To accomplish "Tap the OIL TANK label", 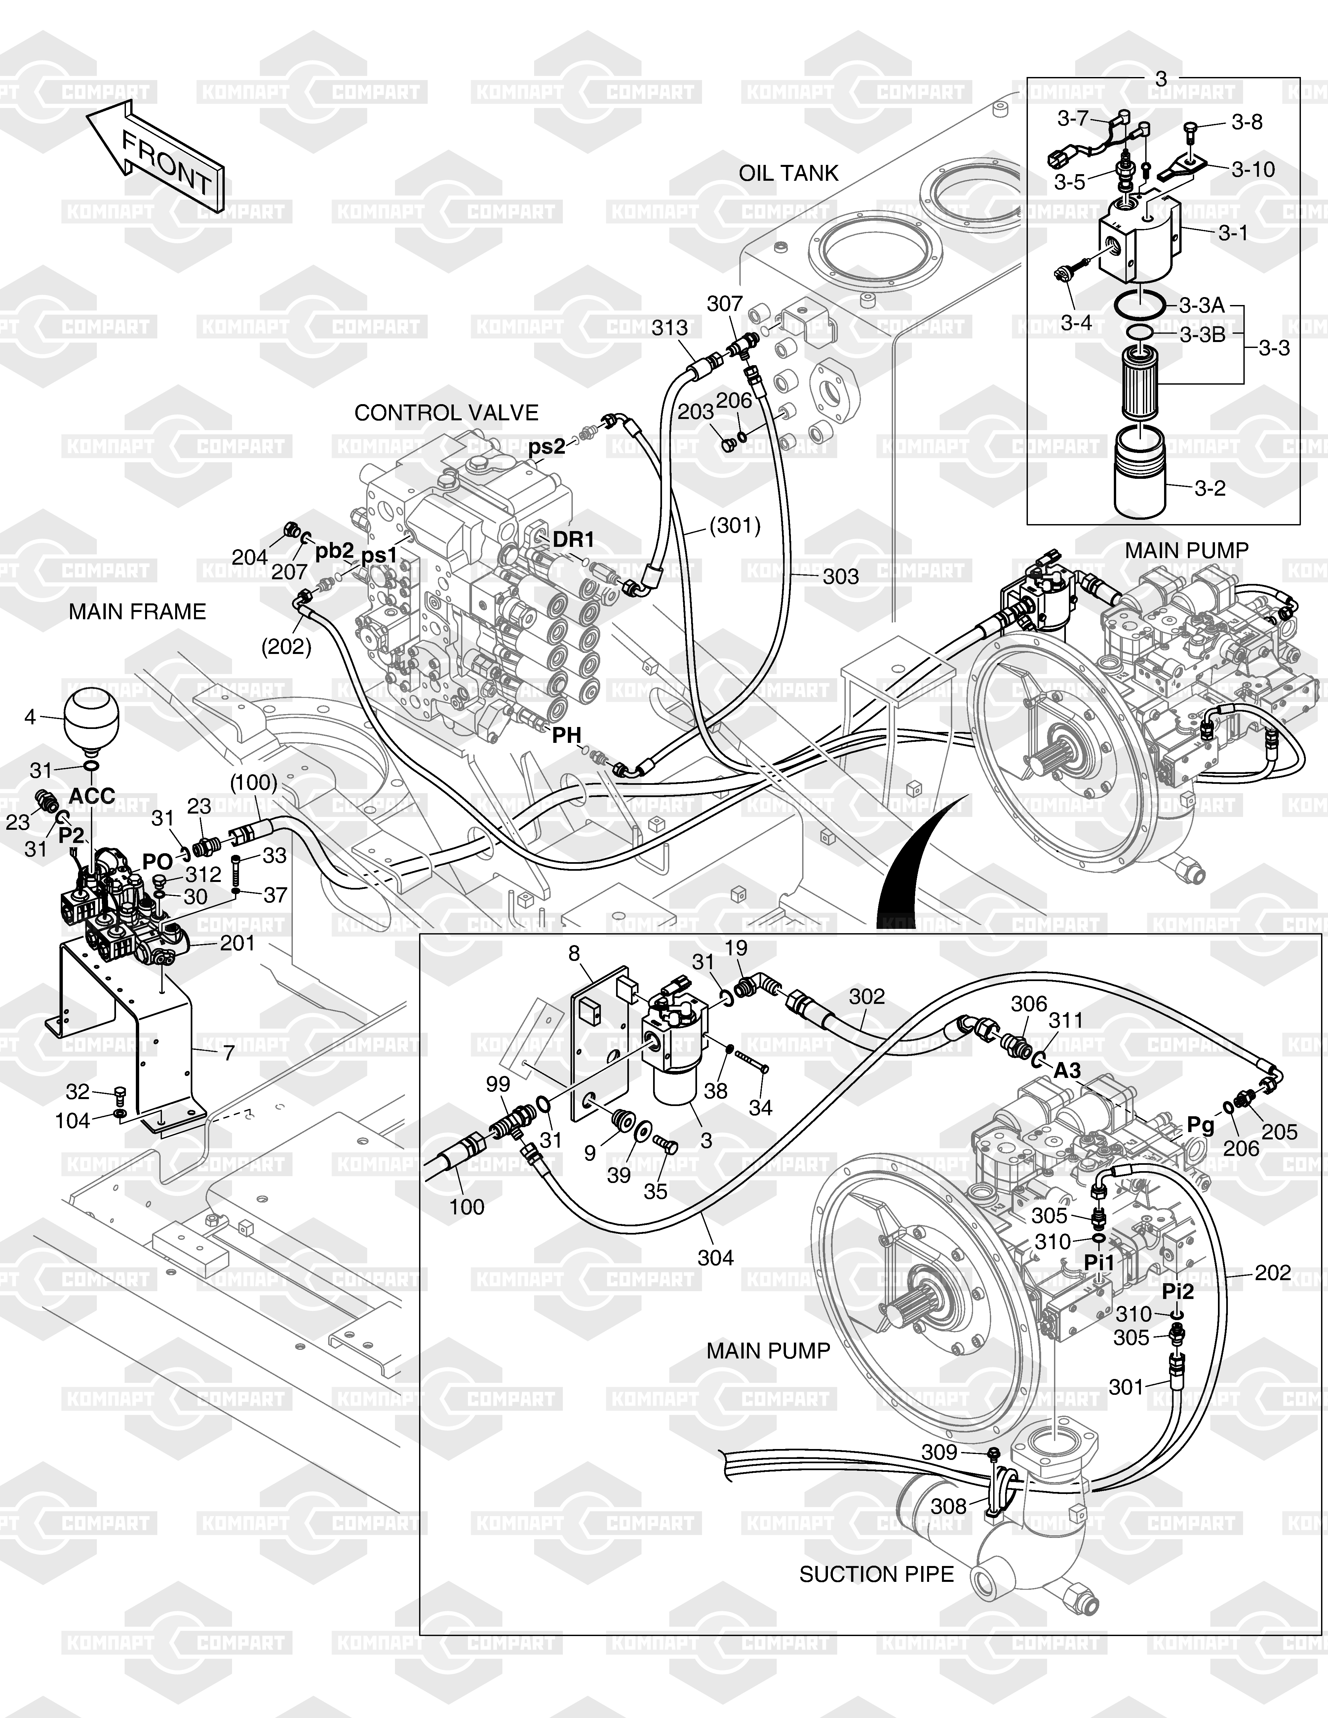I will [x=788, y=173].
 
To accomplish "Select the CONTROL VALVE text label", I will [x=446, y=413].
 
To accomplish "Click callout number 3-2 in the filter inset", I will [x=1210, y=488].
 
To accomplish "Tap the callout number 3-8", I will [x=1247, y=123].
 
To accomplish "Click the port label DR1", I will [x=573, y=540].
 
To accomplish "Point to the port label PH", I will [x=566, y=736].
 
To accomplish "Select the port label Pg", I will [x=1200, y=1126].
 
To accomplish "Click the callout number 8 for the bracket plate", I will [x=574, y=953].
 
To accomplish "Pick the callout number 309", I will [x=939, y=1452].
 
